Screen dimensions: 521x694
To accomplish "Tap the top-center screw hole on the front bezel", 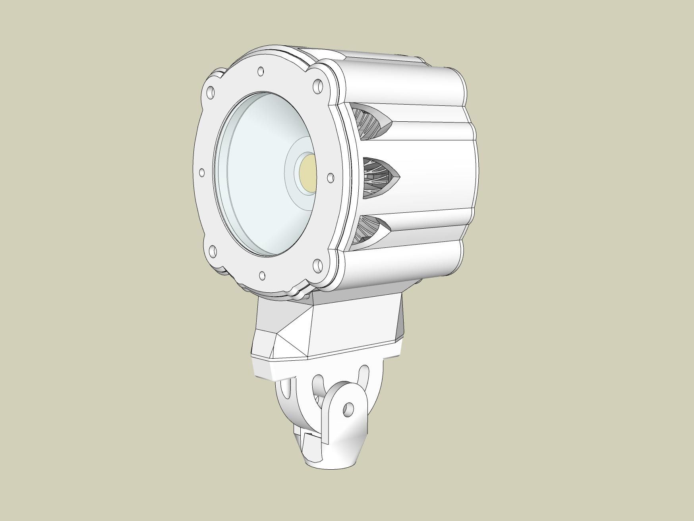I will click(x=261, y=71).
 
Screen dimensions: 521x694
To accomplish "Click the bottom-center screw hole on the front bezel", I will click(x=262, y=275).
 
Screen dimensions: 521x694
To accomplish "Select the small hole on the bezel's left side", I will click(x=202, y=173).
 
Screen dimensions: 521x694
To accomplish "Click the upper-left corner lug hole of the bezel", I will click(x=211, y=93).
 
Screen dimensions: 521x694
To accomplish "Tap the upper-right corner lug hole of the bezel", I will click(x=318, y=86).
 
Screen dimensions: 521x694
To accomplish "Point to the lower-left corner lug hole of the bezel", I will click(x=213, y=251).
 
